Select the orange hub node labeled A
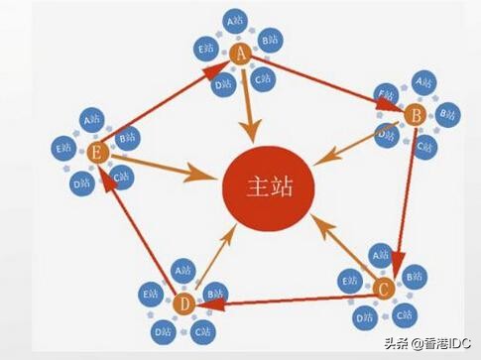pyautogui.click(x=240, y=56)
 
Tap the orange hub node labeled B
pyautogui.click(x=416, y=117)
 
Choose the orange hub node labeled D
pyautogui.click(x=183, y=302)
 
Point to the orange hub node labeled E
pyautogui.click(x=97, y=152)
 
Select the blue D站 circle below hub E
pyautogui.click(x=82, y=182)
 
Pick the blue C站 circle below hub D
pyautogui.click(x=202, y=330)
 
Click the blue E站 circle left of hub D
pyautogui.click(x=151, y=294)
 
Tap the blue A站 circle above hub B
pyautogui.click(x=422, y=81)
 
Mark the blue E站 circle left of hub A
pyautogui.click(x=206, y=46)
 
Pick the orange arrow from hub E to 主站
pyautogui.click(x=164, y=166)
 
